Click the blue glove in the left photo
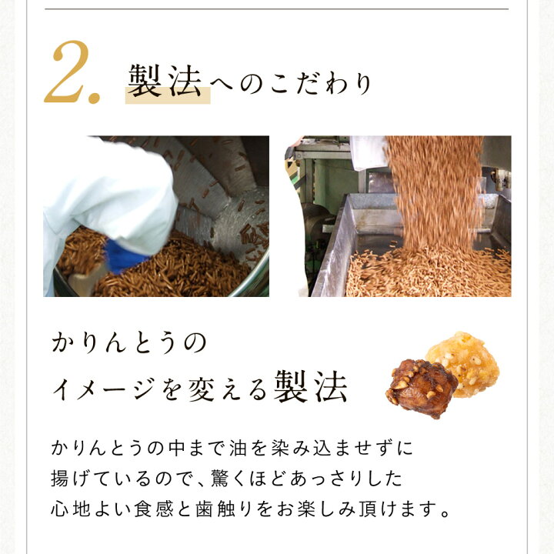click(x=124, y=257)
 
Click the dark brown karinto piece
click(x=421, y=388)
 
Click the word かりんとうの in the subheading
click(x=129, y=342)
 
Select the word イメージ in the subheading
click(x=103, y=389)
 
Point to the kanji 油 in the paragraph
click(x=238, y=448)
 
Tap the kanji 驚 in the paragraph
click(x=220, y=478)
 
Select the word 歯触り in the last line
click(x=224, y=509)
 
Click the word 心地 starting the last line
click(x=70, y=509)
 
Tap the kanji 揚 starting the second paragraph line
click(x=60, y=478)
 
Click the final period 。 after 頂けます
click(x=446, y=513)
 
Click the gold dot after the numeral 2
click(x=95, y=98)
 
